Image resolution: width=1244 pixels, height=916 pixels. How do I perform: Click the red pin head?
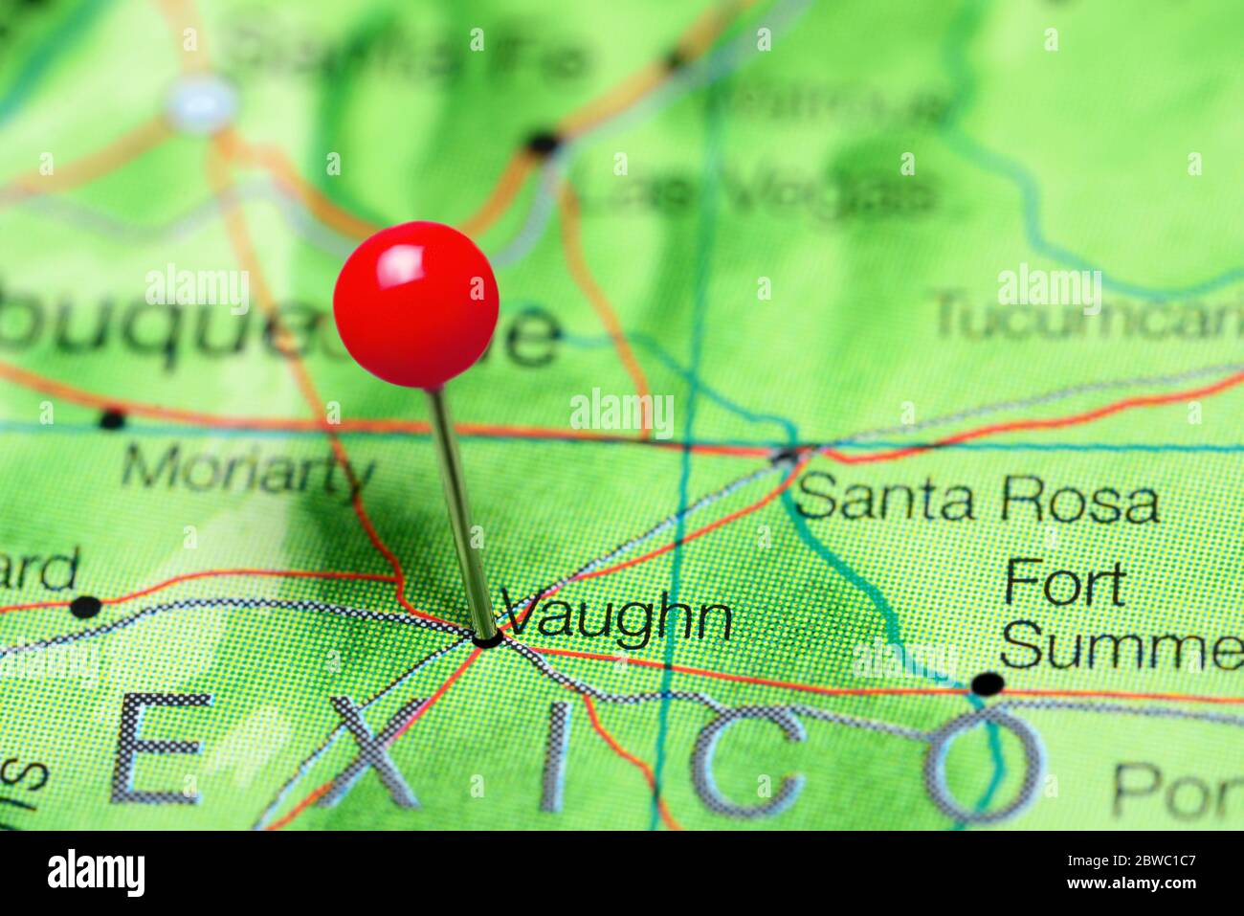click(x=416, y=304)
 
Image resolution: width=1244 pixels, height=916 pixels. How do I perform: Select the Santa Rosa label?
click(x=976, y=500)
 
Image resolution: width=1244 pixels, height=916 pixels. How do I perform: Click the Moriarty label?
click(x=248, y=471)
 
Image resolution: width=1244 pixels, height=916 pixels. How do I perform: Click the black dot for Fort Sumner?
click(x=988, y=683)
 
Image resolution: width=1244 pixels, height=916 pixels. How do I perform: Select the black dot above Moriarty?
click(x=112, y=418)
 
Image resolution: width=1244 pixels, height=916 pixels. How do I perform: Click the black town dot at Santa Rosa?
click(x=787, y=456)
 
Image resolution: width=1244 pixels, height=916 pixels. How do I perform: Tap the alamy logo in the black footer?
click(x=96, y=873)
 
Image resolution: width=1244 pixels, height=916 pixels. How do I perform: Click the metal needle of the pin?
click(x=461, y=507)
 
